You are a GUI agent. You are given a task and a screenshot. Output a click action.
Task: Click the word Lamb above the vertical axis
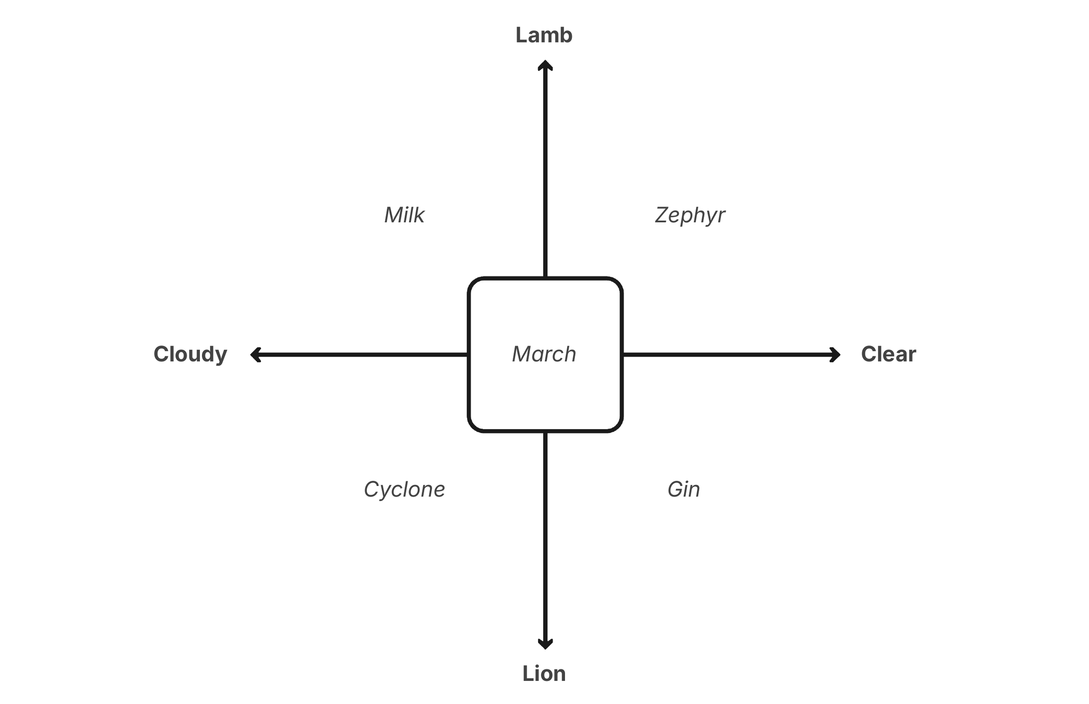544,35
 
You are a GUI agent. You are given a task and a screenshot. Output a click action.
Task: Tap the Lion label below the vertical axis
544,674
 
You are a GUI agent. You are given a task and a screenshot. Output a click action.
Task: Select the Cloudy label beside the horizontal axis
190,354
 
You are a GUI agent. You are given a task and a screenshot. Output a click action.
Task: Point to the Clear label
888,354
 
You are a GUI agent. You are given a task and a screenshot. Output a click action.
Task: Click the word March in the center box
544,354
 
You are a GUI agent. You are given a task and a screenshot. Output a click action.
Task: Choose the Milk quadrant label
404,215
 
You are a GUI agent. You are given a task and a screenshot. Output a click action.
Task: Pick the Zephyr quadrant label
690,215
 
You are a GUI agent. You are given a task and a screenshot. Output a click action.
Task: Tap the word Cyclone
404,489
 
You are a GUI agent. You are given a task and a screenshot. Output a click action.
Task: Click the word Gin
683,489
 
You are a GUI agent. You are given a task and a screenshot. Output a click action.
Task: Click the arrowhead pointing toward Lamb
545,65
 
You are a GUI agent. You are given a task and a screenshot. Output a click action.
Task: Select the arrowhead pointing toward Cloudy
256,355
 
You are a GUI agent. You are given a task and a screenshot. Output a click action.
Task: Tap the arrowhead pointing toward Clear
835,355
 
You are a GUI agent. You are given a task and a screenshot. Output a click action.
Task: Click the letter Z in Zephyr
663,215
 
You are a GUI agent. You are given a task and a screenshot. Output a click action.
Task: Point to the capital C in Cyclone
371,489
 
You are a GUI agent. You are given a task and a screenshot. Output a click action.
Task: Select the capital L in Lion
528,674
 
